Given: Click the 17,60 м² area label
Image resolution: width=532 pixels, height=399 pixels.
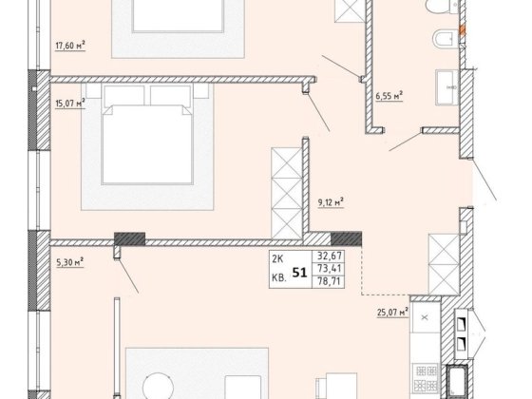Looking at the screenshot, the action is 70,46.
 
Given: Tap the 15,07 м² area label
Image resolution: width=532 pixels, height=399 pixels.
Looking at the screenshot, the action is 70,103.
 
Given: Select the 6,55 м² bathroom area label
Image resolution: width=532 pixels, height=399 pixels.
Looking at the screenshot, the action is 389,96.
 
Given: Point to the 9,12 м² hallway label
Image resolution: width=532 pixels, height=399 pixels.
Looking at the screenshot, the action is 331,202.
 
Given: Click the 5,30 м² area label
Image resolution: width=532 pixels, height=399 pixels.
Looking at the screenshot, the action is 69,262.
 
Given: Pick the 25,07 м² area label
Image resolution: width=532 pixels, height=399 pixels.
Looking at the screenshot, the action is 392,312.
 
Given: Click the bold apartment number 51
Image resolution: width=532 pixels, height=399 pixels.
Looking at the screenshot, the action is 299,273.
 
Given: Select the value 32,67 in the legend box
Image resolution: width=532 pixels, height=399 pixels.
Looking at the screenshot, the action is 329,256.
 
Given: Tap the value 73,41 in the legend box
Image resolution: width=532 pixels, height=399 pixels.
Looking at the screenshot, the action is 329,268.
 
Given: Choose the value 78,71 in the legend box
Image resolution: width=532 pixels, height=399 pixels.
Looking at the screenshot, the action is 329,281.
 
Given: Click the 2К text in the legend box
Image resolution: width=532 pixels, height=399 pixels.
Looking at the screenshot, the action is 277,259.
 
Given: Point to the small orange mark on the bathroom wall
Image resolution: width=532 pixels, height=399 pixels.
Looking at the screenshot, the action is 462,30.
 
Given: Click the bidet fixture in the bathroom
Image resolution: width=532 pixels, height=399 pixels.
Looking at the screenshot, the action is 446,39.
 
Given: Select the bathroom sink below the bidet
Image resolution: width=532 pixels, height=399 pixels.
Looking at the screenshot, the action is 446,87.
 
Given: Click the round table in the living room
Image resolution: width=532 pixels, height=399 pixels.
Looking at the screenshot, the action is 158,386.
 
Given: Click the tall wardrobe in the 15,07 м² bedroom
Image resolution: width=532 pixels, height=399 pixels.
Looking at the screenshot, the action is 287,193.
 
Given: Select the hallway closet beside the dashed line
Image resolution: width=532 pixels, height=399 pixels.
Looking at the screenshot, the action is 445,264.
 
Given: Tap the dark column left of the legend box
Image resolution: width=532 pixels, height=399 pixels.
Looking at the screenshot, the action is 129,238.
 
